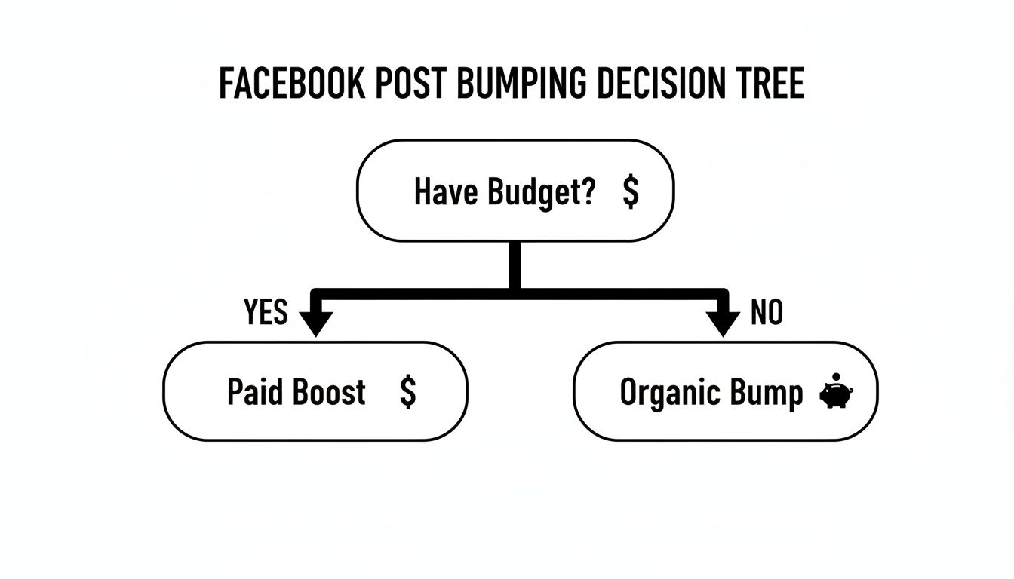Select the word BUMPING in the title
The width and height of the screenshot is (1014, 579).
tap(521, 84)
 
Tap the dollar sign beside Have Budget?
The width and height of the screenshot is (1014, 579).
tap(631, 191)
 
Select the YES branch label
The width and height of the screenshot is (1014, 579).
tap(266, 311)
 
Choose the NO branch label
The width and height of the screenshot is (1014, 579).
tap(767, 311)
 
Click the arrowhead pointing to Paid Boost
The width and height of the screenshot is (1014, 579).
tap(316, 322)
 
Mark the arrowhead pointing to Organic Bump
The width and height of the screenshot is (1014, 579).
tap(724, 322)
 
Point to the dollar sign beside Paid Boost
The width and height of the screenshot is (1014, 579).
tap(407, 392)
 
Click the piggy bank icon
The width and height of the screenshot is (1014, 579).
tap(836, 396)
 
